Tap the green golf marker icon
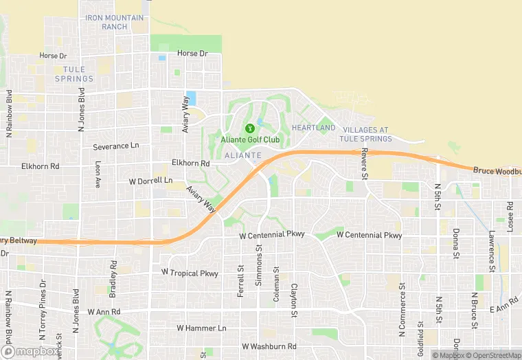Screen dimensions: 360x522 (x=250, y=127)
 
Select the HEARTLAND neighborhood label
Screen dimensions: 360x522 (x=313, y=128)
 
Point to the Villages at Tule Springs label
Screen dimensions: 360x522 (x=367, y=134)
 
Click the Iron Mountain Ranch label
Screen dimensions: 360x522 (x=115, y=22)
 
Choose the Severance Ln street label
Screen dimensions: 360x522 (x=115, y=146)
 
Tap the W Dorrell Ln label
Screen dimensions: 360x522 (x=151, y=181)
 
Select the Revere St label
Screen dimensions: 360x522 (x=365, y=165)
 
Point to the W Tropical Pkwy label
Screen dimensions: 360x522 (x=190, y=273)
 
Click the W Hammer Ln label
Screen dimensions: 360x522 (x=201, y=328)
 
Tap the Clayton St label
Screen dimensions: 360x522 (x=294, y=301)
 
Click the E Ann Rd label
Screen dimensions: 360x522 (x=505, y=305)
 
